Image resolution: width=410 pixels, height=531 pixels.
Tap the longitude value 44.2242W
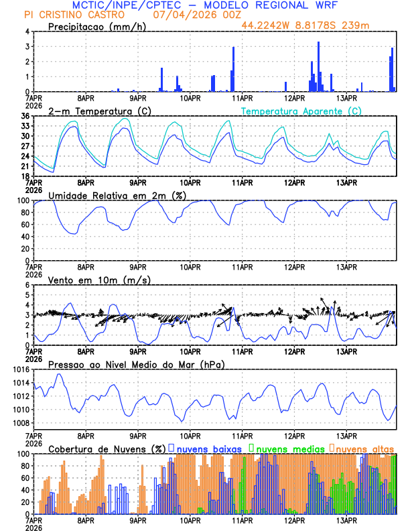(x=267, y=25)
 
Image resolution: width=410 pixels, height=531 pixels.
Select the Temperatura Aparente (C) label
(x=301, y=111)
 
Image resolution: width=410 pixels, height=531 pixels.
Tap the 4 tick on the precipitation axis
(x=27, y=32)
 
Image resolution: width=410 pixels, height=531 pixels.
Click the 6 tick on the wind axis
(x=27, y=285)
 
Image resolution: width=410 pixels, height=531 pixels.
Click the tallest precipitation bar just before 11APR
(x=233, y=69)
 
